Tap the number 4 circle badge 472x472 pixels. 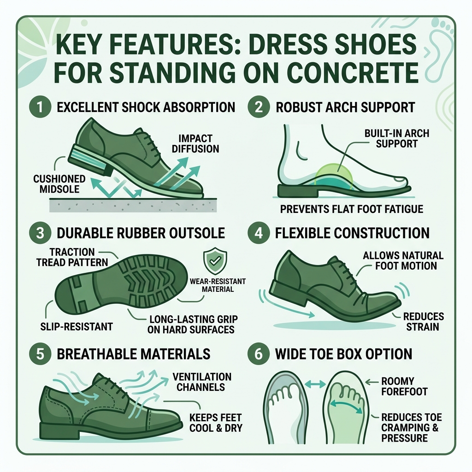click(259, 233)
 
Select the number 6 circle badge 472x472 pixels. click(259, 354)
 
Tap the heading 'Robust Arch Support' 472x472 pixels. click(345, 107)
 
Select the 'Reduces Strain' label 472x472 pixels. click(423, 322)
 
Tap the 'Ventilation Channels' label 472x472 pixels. click(201, 382)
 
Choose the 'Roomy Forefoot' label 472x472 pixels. click(404, 386)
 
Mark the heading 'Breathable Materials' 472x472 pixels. click(134, 354)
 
